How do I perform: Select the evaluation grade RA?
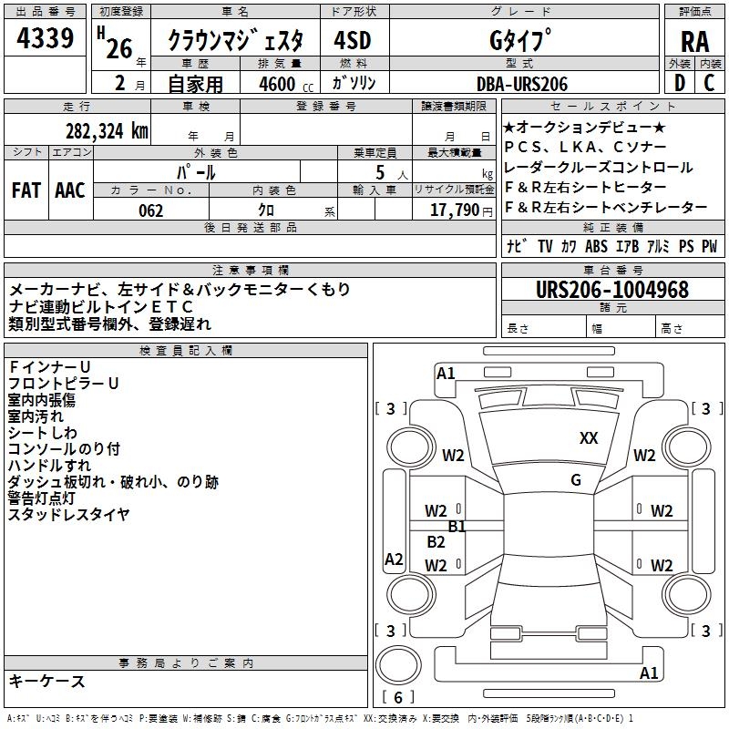tap(694, 41)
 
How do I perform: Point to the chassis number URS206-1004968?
tap(611, 290)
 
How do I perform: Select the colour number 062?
tap(150, 210)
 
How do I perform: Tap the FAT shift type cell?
tap(26, 190)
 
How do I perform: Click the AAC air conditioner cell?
tap(70, 190)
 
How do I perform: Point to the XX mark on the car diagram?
tap(589, 438)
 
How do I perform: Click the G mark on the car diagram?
tap(576, 480)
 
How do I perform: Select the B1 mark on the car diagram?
tap(457, 526)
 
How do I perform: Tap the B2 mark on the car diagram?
tap(436, 542)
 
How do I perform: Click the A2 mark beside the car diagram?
tap(394, 560)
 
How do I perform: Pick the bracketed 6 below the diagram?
tap(398, 697)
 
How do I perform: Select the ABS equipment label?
tap(597, 246)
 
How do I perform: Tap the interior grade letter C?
tap(709, 83)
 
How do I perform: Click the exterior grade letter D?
tap(679, 83)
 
